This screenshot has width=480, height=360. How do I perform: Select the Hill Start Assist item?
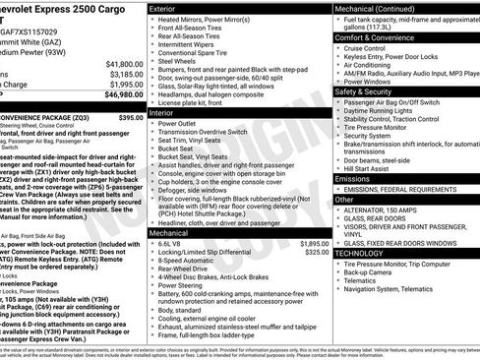click(x=367, y=168)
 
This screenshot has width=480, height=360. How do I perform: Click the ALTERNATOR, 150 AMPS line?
click(x=388, y=210)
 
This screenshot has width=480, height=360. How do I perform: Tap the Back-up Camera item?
click(x=370, y=273)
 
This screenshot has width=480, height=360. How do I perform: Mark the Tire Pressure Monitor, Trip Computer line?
click(x=404, y=264)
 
